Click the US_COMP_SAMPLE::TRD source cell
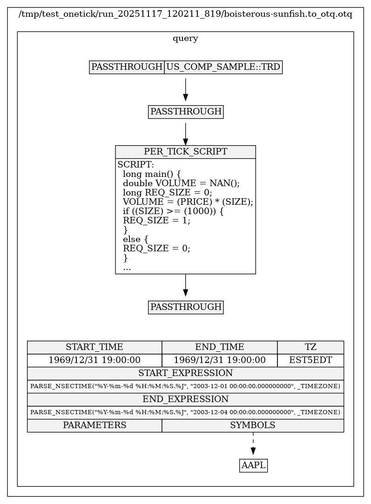(223, 67)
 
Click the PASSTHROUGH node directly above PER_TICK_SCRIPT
(186, 112)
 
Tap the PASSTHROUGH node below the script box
(186, 307)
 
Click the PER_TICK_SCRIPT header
(185, 152)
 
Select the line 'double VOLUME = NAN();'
(181, 183)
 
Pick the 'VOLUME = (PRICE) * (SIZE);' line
(188, 202)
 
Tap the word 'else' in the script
(131, 239)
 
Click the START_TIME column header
(94, 347)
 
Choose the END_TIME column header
(219, 347)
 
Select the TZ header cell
(310, 347)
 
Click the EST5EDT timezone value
(310, 360)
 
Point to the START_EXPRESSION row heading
(185, 373)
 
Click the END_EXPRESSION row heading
(185, 399)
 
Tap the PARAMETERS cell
(94, 425)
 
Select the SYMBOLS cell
(253, 425)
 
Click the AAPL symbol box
(253, 465)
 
